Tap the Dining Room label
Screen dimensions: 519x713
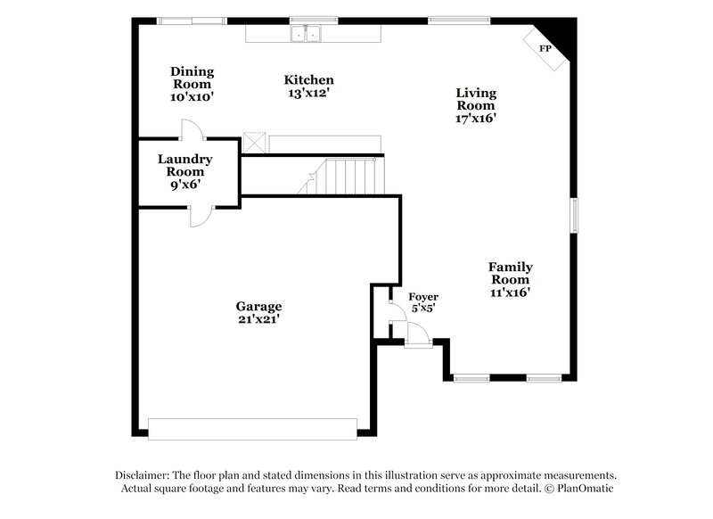click(192, 77)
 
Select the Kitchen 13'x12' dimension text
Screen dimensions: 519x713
click(309, 93)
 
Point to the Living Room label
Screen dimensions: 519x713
click(476, 98)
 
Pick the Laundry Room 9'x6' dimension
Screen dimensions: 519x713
click(185, 185)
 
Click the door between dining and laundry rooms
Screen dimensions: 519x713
click(193, 132)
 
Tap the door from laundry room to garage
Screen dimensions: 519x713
click(201, 214)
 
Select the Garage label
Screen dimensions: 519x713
click(258, 305)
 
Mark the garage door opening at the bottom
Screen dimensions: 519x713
click(252, 429)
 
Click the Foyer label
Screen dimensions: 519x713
click(422, 296)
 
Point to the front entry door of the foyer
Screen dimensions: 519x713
click(418, 335)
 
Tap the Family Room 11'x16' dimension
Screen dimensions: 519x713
click(511, 292)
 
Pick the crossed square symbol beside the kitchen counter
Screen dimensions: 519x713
click(256, 143)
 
